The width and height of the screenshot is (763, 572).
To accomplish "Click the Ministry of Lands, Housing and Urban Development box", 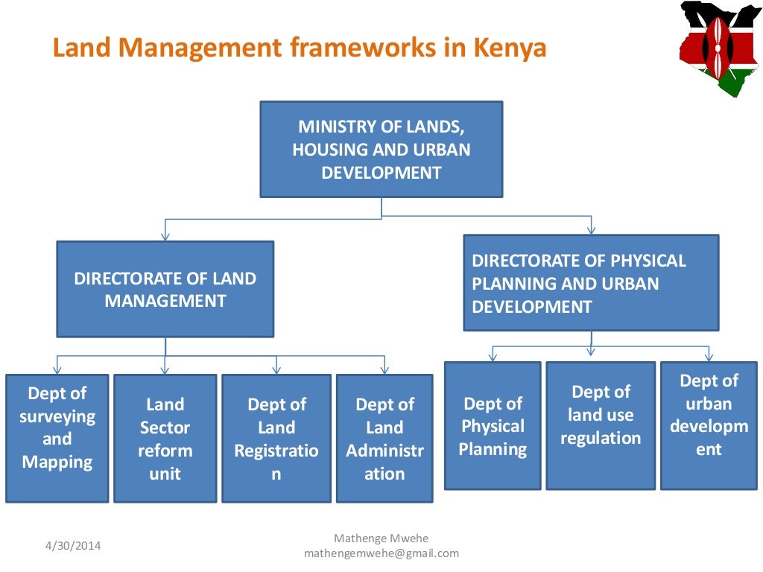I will tap(381, 149).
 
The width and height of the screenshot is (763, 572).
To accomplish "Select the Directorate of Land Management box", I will tap(165, 289).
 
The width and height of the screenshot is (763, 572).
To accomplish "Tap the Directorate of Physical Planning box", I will tap(591, 283).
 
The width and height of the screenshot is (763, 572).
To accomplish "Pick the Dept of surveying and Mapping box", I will tap(57, 438).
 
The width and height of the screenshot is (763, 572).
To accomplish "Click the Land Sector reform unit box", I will tap(165, 438).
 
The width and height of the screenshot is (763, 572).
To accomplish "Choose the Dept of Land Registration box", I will tap(276, 438).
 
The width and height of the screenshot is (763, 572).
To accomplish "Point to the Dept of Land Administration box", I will tap(384, 438).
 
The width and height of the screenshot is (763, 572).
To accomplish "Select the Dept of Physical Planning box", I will tap(493, 425).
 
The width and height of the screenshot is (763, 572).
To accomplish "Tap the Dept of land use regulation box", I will tap(601, 425).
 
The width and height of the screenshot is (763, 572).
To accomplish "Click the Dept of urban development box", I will tap(709, 425).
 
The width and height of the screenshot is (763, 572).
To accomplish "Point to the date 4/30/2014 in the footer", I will tap(72, 546).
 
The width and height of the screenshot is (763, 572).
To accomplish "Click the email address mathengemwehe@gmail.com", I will tap(381, 553).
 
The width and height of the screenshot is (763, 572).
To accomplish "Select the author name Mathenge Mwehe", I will tap(381, 538).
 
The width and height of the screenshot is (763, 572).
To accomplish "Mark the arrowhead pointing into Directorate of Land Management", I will tap(165, 235).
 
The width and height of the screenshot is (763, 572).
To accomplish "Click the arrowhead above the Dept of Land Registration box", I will tap(276, 369).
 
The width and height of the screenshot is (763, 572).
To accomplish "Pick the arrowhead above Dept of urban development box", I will tap(709, 357).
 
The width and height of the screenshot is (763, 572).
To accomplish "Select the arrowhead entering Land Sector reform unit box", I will tap(165, 369).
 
